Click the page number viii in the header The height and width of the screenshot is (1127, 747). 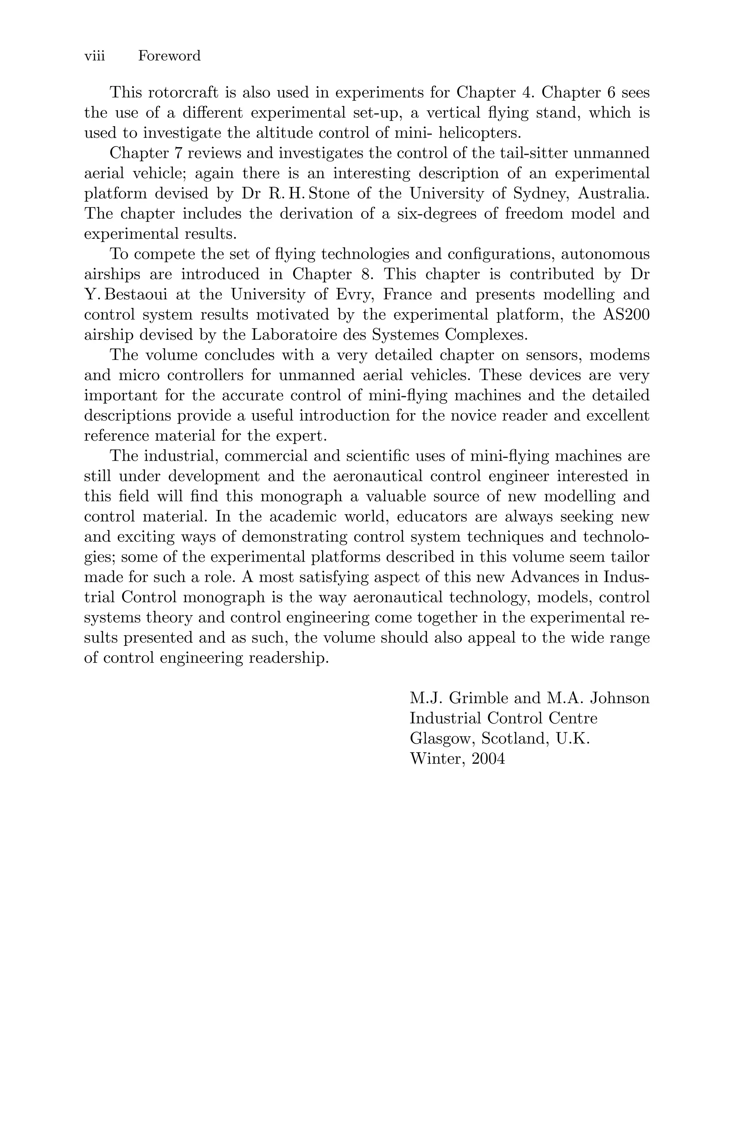[x=94, y=56]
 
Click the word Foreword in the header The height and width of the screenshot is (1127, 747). [x=169, y=56]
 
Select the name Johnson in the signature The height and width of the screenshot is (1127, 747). [x=620, y=698]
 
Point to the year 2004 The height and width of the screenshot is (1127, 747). [x=488, y=759]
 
